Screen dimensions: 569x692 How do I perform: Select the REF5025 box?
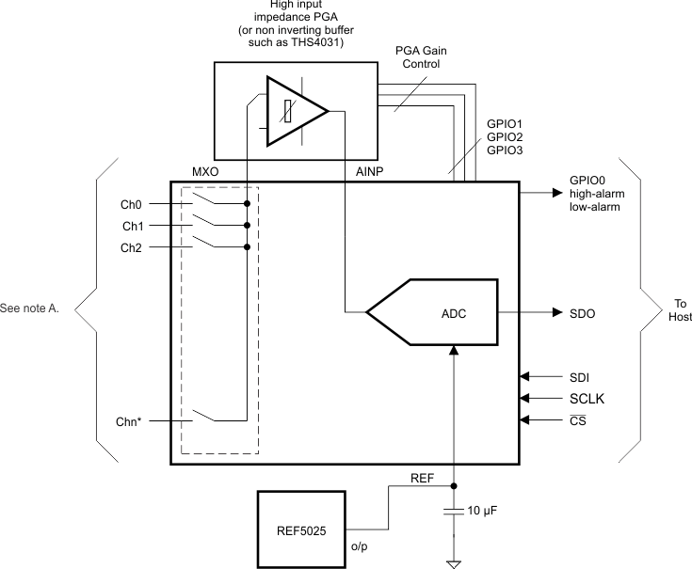click(x=301, y=529)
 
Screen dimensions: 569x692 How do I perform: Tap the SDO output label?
click(x=584, y=312)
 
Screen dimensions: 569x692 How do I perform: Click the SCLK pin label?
click(x=587, y=398)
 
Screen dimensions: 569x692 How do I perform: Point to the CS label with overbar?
click(x=579, y=420)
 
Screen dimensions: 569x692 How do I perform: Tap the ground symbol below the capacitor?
click(x=454, y=563)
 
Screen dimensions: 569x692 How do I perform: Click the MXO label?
click(x=206, y=172)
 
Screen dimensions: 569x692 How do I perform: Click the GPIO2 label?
click(x=505, y=136)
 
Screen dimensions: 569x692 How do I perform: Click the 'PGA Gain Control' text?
click(x=420, y=57)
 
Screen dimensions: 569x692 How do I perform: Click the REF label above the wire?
click(x=423, y=478)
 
